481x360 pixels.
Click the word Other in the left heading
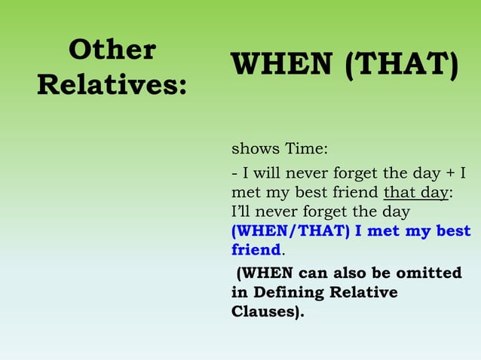112,50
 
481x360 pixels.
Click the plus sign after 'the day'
451,173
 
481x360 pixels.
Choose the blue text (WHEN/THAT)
290,232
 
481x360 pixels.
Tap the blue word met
384,232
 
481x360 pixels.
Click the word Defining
290,292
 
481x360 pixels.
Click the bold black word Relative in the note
368,292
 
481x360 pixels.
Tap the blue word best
451,232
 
